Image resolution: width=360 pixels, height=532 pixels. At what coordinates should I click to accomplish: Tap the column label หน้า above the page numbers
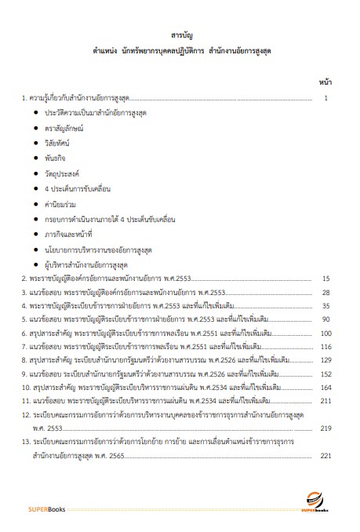(x=325, y=81)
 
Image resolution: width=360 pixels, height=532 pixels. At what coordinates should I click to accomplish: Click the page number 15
(x=326, y=278)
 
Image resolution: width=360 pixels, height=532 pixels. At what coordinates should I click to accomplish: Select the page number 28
(x=326, y=292)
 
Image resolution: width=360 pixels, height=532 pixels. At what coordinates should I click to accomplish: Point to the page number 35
(x=326, y=306)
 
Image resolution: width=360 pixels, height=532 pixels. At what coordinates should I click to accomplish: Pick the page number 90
(x=326, y=320)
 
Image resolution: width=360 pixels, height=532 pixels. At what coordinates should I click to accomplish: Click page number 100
(x=326, y=334)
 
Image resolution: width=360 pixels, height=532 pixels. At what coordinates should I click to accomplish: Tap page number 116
(x=326, y=348)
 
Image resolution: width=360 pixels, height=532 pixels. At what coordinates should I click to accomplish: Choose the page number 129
(x=326, y=362)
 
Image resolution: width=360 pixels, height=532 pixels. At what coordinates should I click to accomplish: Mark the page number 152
(x=326, y=376)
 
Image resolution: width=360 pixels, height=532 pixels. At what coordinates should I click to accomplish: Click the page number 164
(x=326, y=390)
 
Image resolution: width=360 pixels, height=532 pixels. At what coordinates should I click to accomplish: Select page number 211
(x=326, y=404)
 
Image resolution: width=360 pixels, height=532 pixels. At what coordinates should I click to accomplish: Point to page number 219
(x=326, y=428)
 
